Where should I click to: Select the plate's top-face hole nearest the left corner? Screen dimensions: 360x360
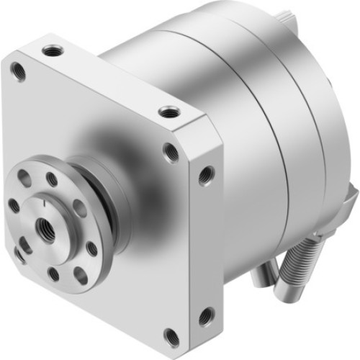click(52, 51)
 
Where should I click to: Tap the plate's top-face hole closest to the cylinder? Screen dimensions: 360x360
click(169, 112)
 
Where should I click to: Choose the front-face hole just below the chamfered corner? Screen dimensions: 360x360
click(171, 151)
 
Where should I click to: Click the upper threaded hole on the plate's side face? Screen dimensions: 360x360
click(206, 174)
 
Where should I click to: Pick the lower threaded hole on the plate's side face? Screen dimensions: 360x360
click(206, 315)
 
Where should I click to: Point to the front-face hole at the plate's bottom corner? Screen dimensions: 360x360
click(172, 336)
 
